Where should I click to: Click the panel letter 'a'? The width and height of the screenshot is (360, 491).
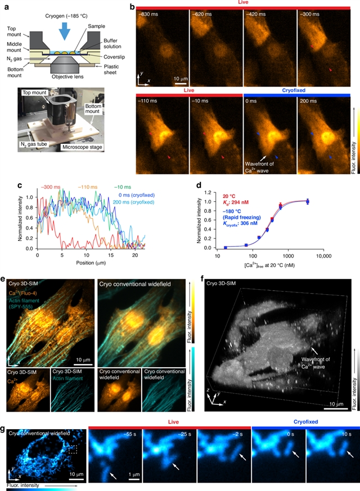click(x=5, y=6)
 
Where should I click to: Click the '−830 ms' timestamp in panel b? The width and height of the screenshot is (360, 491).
click(x=147, y=13)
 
